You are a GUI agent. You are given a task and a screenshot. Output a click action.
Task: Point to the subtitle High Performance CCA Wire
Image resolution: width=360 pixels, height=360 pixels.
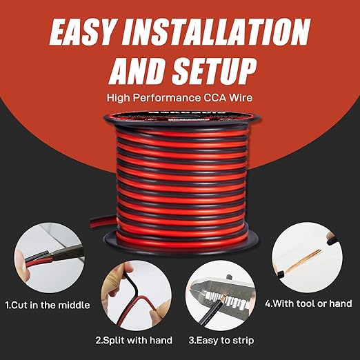(180, 98)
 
